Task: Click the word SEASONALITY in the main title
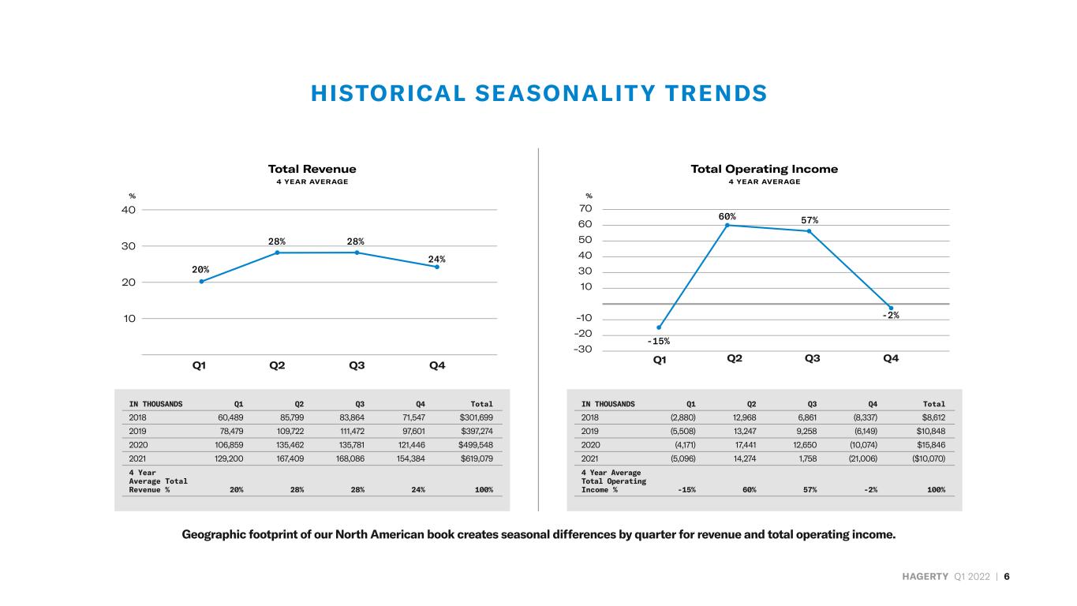pyautogui.click(x=565, y=93)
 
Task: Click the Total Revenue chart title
pyautogui.click(x=312, y=170)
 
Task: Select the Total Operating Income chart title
pyautogui.click(x=764, y=170)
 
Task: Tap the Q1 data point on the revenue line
pyautogui.click(x=201, y=282)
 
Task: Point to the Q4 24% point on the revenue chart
pyautogui.click(x=437, y=267)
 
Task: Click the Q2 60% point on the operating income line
pyautogui.click(x=727, y=225)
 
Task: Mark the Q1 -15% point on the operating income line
pyautogui.click(x=659, y=327)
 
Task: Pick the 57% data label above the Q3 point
pyautogui.click(x=810, y=220)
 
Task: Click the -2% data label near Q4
pyautogui.click(x=891, y=315)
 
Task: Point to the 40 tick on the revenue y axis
pyautogui.click(x=129, y=210)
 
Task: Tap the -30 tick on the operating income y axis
pyautogui.click(x=583, y=350)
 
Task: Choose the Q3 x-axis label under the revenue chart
pyautogui.click(x=357, y=365)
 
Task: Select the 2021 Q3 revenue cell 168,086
pyautogui.click(x=350, y=458)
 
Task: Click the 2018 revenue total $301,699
pyautogui.click(x=476, y=417)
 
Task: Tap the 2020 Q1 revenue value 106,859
pyautogui.click(x=229, y=445)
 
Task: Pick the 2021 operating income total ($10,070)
pyautogui.click(x=929, y=458)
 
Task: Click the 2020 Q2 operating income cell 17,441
pyautogui.click(x=746, y=445)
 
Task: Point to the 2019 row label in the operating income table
pyautogui.click(x=589, y=432)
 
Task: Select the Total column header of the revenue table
pyautogui.click(x=481, y=404)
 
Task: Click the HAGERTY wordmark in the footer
pyautogui.click(x=925, y=577)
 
